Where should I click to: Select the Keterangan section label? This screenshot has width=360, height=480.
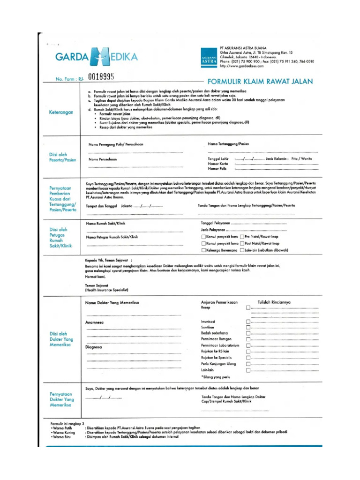point(61,112)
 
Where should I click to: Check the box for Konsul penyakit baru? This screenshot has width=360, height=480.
point(203,237)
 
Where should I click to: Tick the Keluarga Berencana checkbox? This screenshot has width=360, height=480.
point(203,250)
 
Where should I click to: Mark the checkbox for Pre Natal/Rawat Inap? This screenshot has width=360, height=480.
point(241,237)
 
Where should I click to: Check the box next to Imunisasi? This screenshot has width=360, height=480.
point(248,321)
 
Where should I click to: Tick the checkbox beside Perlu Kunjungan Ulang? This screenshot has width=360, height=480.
point(248,364)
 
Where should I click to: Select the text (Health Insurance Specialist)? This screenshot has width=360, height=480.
point(107,290)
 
